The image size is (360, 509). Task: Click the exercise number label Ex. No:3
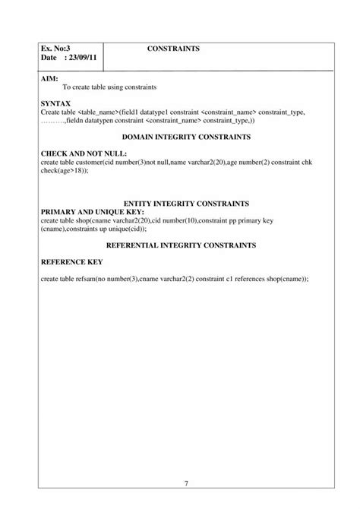pyautogui.click(x=55, y=49)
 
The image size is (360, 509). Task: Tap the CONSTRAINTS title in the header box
pyautogui.click(x=173, y=49)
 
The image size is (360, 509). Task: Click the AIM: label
pyautogui.click(x=49, y=78)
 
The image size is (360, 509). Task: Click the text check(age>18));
pyautogui.click(x=65, y=170)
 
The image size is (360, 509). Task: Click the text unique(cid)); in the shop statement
pyautogui.click(x=127, y=229)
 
